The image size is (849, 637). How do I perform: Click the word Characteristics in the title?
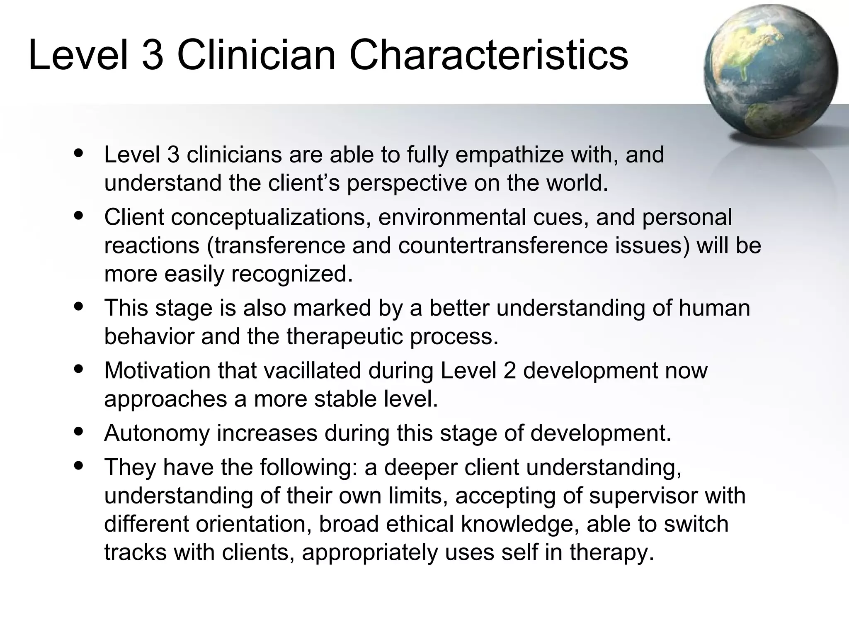pos(489,56)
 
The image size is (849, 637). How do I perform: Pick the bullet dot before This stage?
pos(78,306)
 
